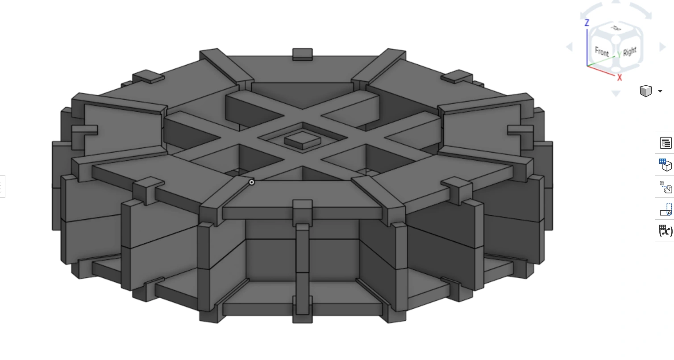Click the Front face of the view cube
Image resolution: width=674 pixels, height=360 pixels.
click(x=601, y=51)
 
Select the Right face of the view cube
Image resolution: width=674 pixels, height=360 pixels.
click(x=629, y=51)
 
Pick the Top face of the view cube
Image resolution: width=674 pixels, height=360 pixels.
click(x=616, y=29)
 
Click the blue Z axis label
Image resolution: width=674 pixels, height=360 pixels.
click(x=587, y=23)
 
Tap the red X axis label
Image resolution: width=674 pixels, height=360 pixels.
click(x=620, y=78)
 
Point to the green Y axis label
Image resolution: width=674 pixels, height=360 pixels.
click(x=619, y=54)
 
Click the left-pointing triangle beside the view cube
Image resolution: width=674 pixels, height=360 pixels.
click(x=569, y=46)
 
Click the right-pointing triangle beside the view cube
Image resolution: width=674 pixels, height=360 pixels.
click(x=662, y=46)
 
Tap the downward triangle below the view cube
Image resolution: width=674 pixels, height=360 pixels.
click(x=616, y=93)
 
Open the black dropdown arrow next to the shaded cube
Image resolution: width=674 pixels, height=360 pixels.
click(x=660, y=91)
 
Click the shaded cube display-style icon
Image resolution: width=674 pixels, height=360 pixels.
click(x=645, y=91)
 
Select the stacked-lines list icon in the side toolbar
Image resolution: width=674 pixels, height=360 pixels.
click(x=666, y=143)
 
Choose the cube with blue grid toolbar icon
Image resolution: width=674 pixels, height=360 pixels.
click(x=666, y=165)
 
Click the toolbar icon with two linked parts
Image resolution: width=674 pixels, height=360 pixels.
click(x=666, y=187)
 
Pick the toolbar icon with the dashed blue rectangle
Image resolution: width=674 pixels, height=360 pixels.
click(x=666, y=209)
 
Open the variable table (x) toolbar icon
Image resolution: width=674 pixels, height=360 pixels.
click(x=666, y=230)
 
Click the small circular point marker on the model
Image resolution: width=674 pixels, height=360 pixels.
click(x=252, y=182)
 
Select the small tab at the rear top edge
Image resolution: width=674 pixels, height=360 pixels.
click(x=302, y=54)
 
